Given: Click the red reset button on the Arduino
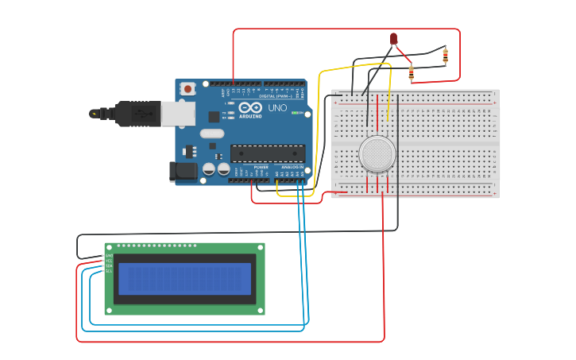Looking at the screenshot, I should coord(187,89).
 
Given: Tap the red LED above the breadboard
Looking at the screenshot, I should coord(393,38).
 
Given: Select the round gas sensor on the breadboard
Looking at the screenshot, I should coord(377,153).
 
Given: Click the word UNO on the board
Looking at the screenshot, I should coord(277,108).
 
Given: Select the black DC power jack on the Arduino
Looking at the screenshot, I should coord(183,171).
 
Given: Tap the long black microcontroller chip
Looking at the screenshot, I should coord(267,153).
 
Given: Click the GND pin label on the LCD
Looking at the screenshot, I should coord(109,256).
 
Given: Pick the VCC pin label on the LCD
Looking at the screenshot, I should coord(109,261).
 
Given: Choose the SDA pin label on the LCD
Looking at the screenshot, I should coord(109,265).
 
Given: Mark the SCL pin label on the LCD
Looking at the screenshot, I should coord(109,271).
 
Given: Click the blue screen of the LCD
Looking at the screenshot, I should coord(184,279).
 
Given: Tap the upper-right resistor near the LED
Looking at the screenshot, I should coord(444,56).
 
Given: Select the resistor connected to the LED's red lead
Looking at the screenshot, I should coord(411,73).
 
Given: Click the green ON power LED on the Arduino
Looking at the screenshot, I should coord(296,113).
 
